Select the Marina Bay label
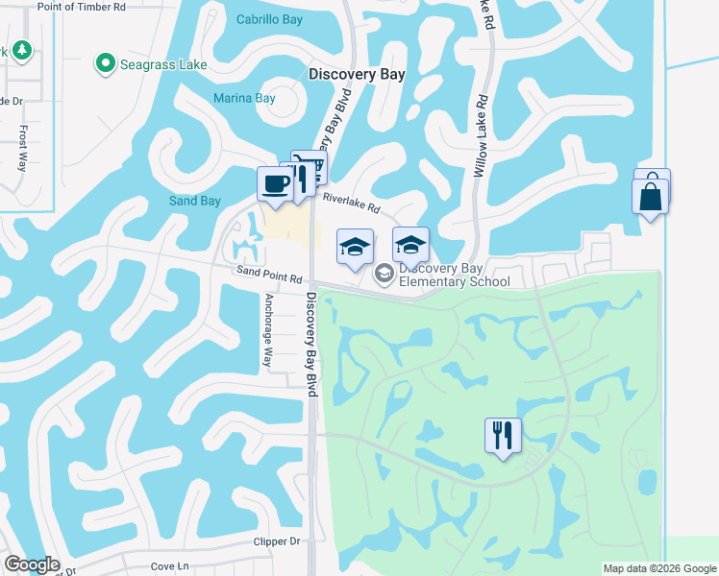click(x=244, y=98)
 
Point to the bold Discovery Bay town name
click(x=357, y=74)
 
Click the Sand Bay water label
click(x=195, y=201)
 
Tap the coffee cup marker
click(x=275, y=183)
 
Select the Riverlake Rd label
click(x=352, y=202)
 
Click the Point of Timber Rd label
click(x=81, y=6)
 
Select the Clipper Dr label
click(x=277, y=541)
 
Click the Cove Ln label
click(x=169, y=565)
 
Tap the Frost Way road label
click(x=23, y=150)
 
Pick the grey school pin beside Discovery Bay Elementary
click(x=384, y=275)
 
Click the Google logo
click(x=31, y=564)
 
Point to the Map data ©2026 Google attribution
click(x=659, y=568)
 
